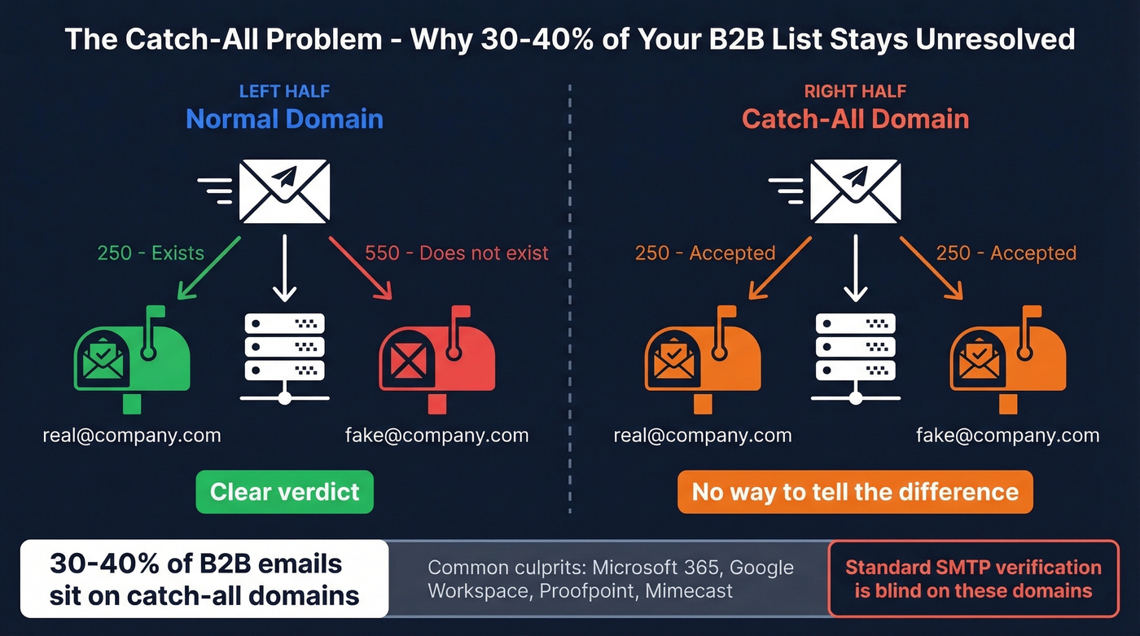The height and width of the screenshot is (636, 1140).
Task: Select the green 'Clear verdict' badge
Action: (x=284, y=492)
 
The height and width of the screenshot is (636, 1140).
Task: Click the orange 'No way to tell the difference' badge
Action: (x=855, y=492)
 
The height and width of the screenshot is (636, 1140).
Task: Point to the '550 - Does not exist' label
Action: (x=457, y=253)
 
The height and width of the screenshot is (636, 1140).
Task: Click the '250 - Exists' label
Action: (x=151, y=253)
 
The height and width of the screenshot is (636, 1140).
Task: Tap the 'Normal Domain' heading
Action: (x=284, y=119)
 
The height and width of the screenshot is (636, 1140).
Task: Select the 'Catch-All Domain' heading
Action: (x=855, y=119)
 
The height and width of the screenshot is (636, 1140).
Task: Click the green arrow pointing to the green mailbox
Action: (x=208, y=268)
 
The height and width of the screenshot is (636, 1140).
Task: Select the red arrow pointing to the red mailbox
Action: (x=360, y=268)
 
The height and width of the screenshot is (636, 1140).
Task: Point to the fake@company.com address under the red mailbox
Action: (x=436, y=436)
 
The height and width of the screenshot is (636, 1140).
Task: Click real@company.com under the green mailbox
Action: (x=132, y=436)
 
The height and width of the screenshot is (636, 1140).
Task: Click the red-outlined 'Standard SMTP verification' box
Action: (x=973, y=578)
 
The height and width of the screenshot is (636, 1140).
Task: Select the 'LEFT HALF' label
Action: (x=284, y=91)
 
